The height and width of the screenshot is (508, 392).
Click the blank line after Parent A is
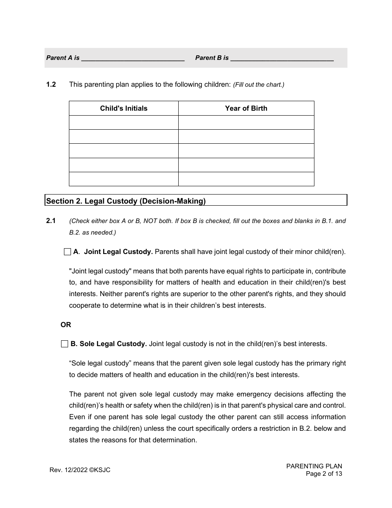[x=132, y=58]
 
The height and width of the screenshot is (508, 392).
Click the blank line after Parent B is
[x=282, y=58]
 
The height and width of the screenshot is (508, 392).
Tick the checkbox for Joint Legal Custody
[x=68, y=252]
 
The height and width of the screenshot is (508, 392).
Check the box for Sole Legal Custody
[x=64, y=344]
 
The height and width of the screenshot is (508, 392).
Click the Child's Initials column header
[x=123, y=108]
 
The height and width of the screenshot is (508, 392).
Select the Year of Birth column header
[x=246, y=108]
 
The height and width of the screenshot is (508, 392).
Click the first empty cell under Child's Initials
[x=123, y=122]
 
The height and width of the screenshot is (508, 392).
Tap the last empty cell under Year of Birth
[x=246, y=179]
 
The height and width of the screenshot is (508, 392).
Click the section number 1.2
[x=51, y=84]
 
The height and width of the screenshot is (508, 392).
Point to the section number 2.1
[x=51, y=221]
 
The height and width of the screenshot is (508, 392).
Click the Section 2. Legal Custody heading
[x=126, y=201]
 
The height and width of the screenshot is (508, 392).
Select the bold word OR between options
[x=66, y=325]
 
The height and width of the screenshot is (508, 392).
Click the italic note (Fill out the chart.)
[x=259, y=85]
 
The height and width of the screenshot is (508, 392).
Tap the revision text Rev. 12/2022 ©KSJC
[x=80, y=470]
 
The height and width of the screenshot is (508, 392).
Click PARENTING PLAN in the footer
[x=314, y=466]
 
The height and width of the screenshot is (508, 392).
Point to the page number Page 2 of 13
[x=324, y=474]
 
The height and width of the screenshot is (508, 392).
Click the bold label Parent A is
[x=63, y=58]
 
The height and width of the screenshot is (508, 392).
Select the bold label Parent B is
[x=212, y=58]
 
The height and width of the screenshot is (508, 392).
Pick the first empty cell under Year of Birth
[x=246, y=122]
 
